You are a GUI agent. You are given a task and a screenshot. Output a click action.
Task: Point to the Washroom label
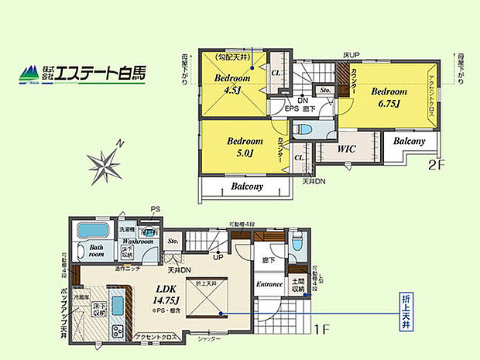136,242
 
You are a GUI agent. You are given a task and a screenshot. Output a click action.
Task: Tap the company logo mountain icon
30,74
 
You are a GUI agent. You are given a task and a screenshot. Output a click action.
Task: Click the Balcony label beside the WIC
409,142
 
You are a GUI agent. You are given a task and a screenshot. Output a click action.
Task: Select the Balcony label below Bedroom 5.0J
247,187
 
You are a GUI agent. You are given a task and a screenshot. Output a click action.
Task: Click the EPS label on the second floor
291,108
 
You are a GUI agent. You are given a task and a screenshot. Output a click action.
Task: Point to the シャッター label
209,339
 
